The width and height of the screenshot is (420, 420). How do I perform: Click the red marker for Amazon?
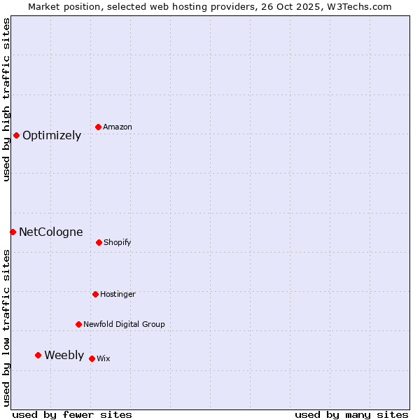(x=98, y=127)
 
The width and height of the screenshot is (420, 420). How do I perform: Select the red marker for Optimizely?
(x=16, y=135)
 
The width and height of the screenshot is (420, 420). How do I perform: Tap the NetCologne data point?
(x=13, y=232)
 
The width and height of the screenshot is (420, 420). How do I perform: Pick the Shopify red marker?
(x=99, y=242)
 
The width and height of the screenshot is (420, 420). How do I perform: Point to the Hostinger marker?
(x=95, y=294)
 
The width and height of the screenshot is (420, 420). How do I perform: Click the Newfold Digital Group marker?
(x=78, y=324)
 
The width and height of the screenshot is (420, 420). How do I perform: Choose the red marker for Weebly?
(x=38, y=355)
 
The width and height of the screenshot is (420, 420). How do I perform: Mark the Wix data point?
(x=92, y=358)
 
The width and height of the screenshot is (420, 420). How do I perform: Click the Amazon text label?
(x=118, y=127)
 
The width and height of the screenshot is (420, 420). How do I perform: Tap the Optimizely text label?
(x=52, y=136)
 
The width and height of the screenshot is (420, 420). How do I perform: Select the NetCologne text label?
(x=51, y=232)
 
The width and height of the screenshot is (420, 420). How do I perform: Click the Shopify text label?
(x=118, y=243)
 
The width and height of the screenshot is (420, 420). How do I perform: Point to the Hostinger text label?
(x=118, y=295)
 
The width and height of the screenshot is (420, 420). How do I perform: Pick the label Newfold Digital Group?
(x=125, y=325)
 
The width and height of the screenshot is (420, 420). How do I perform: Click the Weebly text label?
(x=64, y=356)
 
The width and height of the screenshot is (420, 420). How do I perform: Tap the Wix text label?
(x=104, y=359)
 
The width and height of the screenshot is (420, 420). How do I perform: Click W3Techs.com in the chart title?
(x=358, y=6)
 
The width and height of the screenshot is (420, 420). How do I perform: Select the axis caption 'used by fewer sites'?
(x=72, y=414)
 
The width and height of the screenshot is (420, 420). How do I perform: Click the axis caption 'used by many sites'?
(x=351, y=414)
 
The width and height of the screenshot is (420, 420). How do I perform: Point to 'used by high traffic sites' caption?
(x=6, y=99)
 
